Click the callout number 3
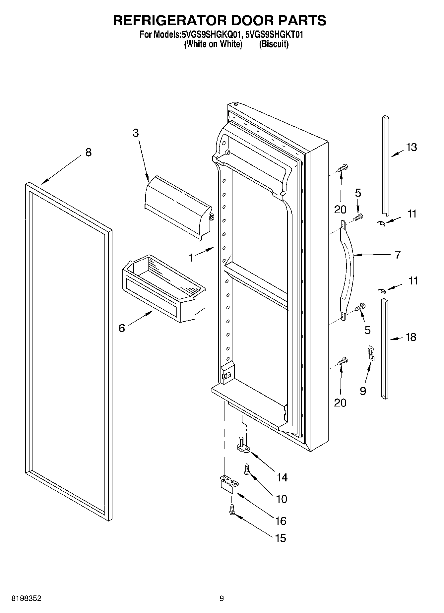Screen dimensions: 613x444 (136, 133)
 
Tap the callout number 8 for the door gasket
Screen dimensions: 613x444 (88, 153)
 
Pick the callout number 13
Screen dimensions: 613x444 (411, 147)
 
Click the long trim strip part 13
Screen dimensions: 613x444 (385, 166)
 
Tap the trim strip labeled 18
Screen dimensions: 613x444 (384, 348)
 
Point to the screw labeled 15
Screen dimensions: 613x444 (232, 510)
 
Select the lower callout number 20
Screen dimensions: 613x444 (340, 402)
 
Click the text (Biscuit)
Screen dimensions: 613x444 (274, 44)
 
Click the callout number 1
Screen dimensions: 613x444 (191, 258)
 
